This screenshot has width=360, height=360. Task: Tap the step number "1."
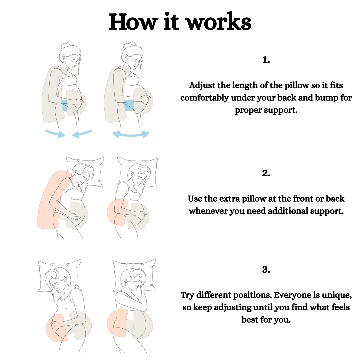click(266, 60)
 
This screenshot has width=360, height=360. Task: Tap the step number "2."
click(266, 173)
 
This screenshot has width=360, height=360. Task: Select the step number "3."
click(266, 270)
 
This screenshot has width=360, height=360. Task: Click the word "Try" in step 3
click(188, 295)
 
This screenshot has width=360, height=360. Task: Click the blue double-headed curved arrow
click(131, 134)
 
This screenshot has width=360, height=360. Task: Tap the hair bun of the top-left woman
click(68, 45)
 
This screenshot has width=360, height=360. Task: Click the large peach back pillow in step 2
click(50, 200)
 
